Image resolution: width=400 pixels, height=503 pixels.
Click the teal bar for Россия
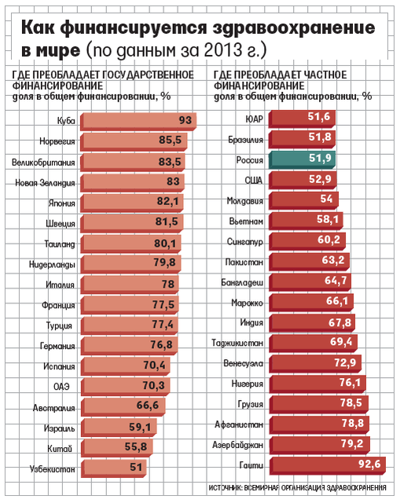(x=302, y=160)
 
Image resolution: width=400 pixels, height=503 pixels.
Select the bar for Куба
(x=138, y=121)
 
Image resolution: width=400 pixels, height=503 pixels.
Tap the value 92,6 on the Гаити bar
(x=369, y=464)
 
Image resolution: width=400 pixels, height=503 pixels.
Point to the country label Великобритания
(x=43, y=163)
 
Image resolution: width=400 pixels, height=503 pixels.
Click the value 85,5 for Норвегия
(x=170, y=140)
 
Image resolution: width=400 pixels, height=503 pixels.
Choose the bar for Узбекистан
(x=113, y=468)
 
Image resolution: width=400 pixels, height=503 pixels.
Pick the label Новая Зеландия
(x=45, y=183)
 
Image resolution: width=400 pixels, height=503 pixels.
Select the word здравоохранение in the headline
(x=294, y=28)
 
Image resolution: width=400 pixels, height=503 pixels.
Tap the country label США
(x=254, y=180)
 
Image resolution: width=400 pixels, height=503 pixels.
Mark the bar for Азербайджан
(x=320, y=446)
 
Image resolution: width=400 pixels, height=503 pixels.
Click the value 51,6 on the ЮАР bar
(x=319, y=116)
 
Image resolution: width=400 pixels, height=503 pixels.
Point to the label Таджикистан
(x=237, y=343)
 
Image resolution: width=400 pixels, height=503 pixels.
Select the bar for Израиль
(x=119, y=428)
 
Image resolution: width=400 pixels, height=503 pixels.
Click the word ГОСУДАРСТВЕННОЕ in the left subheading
(x=148, y=75)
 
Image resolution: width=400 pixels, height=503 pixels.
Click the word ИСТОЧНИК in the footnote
(x=225, y=487)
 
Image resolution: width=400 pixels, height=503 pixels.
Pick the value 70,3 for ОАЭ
(x=153, y=385)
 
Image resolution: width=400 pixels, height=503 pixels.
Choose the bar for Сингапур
(x=307, y=241)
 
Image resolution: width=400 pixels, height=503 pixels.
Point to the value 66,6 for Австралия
(x=148, y=406)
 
